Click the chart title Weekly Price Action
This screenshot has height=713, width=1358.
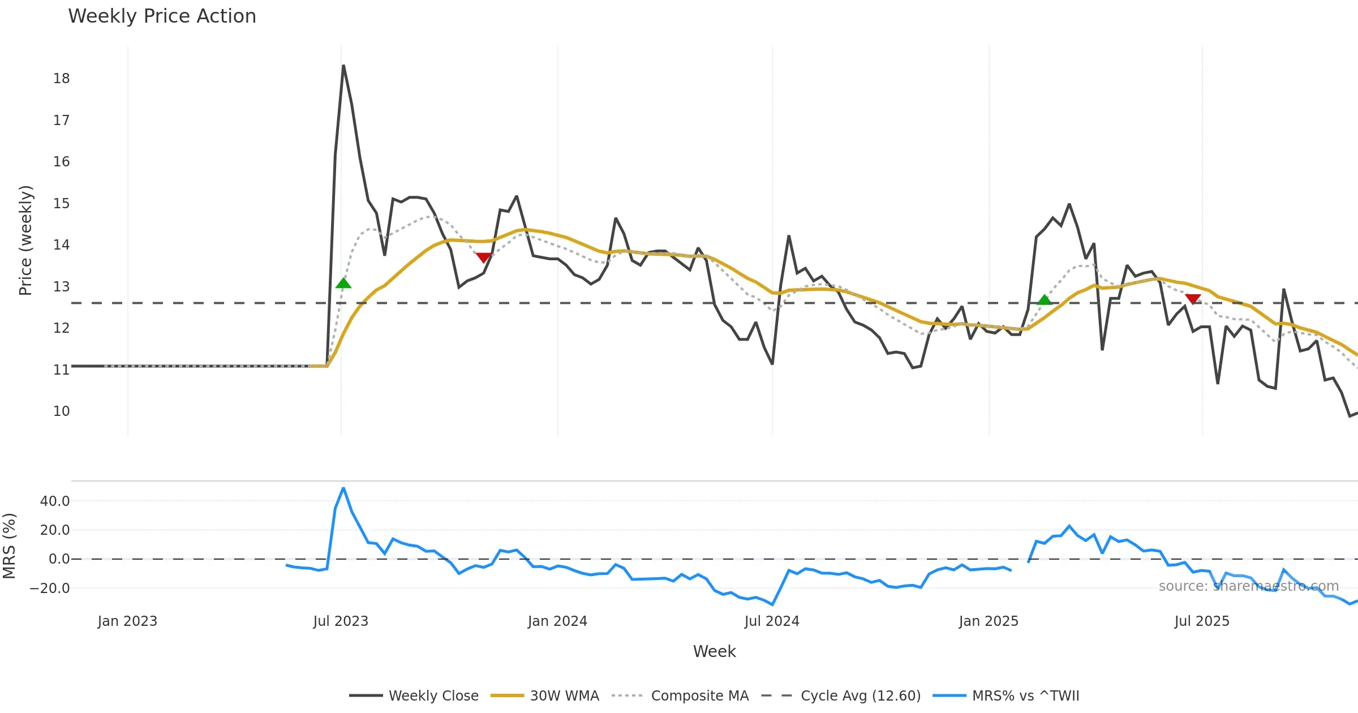click(x=162, y=16)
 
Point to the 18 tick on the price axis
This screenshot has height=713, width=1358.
click(x=61, y=79)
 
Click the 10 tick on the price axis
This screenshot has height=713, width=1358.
click(x=61, y=411)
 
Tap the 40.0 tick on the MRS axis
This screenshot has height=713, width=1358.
click(x=55, y=501)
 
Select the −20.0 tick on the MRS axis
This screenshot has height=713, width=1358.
click(x=50, y=588)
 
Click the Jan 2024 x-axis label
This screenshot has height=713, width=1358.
click(x=557, y=621)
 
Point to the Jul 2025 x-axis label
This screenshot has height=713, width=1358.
click(x=1202, y=621)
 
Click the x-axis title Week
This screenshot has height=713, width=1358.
click(x=714, y=651)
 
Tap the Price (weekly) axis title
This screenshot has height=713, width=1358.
click(x=25, y=240)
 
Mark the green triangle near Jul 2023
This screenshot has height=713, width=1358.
click(x=343, y=284)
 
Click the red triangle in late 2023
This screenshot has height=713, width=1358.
click(x=483, y=257)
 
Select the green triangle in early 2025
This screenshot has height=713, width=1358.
click(x=1044, y=300)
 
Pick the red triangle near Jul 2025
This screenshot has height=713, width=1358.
click(x=1193, y=299)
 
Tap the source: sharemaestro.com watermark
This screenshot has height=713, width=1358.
click(x=1248, y=586)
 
